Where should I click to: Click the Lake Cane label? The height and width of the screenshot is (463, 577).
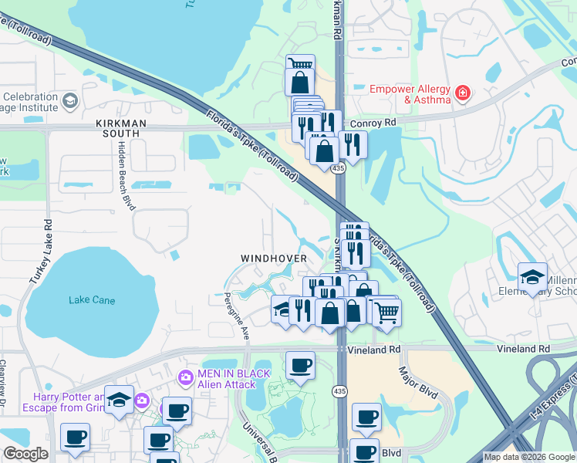92,299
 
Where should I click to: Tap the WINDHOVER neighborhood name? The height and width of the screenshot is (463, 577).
273,258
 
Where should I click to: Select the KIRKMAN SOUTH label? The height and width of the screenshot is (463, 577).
117,128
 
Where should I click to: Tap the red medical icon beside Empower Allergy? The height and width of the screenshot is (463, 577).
463,94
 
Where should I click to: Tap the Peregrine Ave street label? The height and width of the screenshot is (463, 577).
237,317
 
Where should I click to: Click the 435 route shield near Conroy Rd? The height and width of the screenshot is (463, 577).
339,168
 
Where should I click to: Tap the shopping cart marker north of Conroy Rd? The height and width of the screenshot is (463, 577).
300,64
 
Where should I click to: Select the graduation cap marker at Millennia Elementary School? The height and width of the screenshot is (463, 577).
532,277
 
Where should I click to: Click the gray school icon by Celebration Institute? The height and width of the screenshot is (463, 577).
70,101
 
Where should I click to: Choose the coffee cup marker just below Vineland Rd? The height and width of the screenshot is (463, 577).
300,365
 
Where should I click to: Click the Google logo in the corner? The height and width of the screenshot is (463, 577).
25,454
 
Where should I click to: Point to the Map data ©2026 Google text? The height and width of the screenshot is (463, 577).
528,457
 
